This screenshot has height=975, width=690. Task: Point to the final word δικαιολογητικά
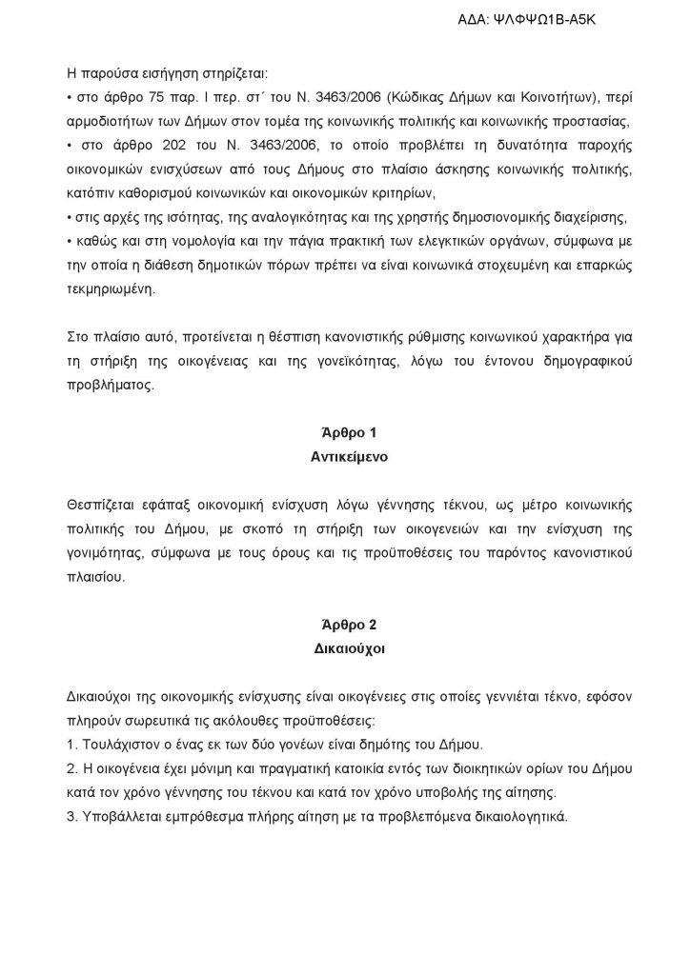515,817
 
